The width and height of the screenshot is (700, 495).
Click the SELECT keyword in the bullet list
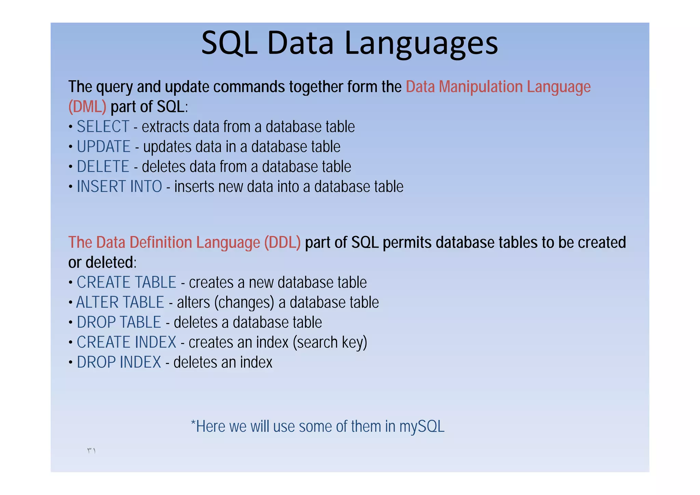[103, 127]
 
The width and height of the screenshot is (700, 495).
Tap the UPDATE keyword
[104, 147]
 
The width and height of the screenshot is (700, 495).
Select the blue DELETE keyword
[103, 167]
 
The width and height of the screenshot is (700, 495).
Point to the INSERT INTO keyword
[119, 187]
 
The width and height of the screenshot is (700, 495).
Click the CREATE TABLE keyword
[126, 283]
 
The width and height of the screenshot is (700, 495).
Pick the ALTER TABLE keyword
[120, 302]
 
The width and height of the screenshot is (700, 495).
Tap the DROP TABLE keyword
[119, 322]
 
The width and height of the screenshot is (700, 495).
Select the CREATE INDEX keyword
[126, 342]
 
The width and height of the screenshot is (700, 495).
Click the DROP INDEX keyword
[119, 362]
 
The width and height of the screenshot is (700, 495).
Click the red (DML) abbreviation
[87, 107]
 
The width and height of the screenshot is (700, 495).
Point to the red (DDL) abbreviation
[282, 243]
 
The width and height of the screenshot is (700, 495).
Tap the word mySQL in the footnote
[422, 427]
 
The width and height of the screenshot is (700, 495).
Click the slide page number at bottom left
[91, 451]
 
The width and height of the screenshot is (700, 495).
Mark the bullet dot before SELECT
[70, 127]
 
